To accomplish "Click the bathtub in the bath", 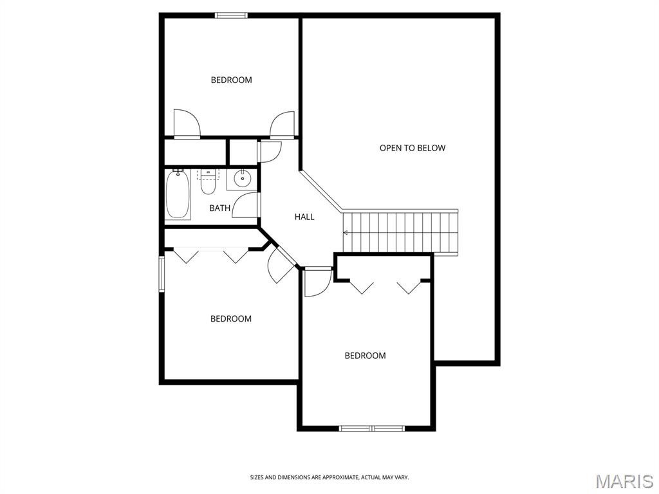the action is pos(178,195).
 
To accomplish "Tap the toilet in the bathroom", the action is pos(208,181).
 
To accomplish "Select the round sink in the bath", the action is pos(242,179).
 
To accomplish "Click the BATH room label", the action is pos(220,208).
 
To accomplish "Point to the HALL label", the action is pos(304,217).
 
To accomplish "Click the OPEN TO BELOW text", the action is pos(413,148).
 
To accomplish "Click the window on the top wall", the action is pos(231,15).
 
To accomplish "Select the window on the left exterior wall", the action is pos(162,273).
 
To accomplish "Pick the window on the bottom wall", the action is pos(371,428).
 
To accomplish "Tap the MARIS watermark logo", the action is pos(625,481).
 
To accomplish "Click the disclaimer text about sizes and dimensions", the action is pos(329,477).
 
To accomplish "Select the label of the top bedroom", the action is pos(231,80).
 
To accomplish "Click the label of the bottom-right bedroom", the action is pos(366,356).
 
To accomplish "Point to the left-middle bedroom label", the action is pos(231,319).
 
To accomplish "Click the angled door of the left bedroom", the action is pos(281,264).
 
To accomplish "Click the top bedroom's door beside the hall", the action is pos(283,125).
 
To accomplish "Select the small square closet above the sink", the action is pos(243,152).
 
